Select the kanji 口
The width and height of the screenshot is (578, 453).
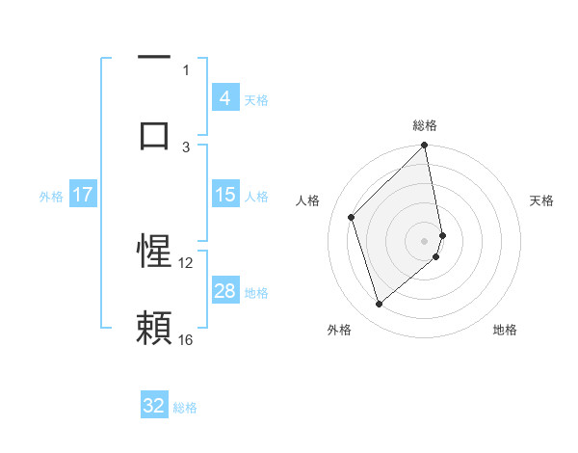(154, 135)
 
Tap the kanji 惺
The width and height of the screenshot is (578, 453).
(154, 253)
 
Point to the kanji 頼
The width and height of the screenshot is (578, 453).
(154, 328)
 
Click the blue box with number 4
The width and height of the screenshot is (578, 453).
(224, 98)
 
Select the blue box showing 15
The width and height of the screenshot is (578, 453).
(224, 195)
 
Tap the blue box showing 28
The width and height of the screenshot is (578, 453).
(224, 291)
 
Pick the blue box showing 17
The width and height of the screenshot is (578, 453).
(82, 195)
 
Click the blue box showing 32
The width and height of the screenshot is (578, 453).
(154, 406)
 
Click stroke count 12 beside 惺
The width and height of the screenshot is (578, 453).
(186, 262)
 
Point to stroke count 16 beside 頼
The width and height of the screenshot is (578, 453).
(186, 339)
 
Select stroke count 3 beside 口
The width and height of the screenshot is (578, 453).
(187, 147)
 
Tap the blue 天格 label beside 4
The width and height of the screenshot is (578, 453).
(256, 99)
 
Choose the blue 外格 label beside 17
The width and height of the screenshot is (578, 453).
(51, 196)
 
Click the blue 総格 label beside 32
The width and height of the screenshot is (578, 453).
(185, 407)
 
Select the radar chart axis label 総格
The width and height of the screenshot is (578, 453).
(425, 126)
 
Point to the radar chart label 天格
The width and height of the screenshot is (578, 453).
(542, 200)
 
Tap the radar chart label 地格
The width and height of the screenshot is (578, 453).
(505, 330)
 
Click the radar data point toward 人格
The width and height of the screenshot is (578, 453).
(352, 217)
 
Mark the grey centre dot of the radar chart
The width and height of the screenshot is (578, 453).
(425, 239)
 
